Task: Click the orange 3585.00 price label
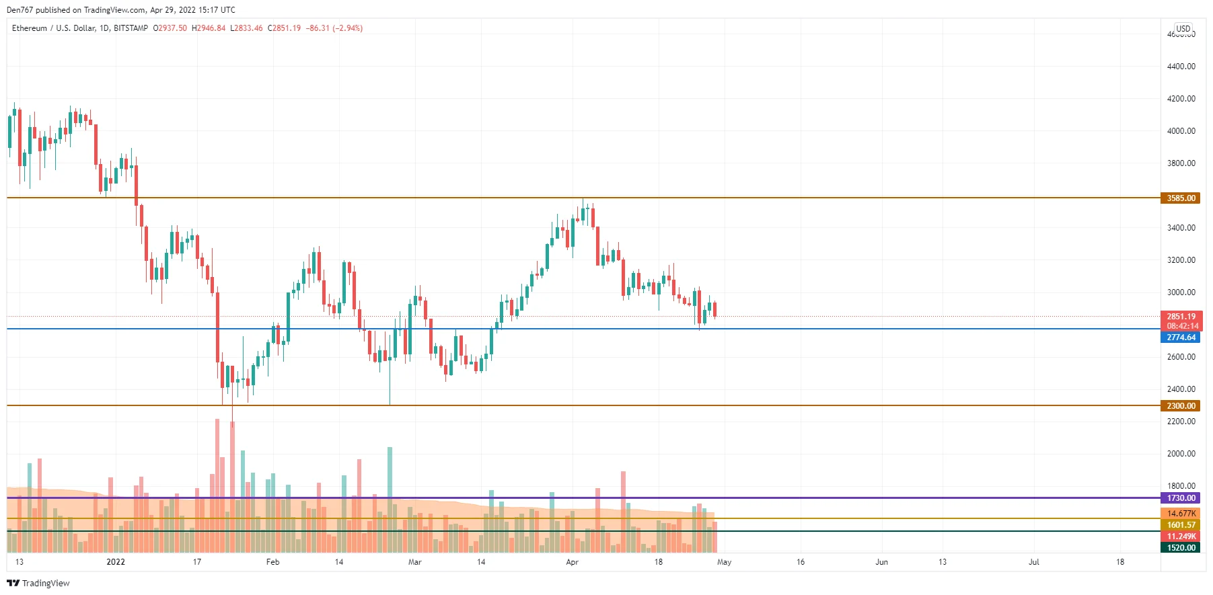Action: (x=1181, y=198)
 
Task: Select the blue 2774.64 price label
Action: (x=1181, y=338)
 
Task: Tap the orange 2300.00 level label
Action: (x=1181, y=406)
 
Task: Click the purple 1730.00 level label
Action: (x=1181, y=498)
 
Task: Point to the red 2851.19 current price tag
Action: (x=1181, y=317)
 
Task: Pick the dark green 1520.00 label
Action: (x=1181, y=548)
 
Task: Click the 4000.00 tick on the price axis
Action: (x=1181, y=131)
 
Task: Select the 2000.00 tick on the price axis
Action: (x=1181, y=454)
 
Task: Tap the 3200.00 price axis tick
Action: (x=1181, y=260)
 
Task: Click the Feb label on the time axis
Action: (x=272, y=562)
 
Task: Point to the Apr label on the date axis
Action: (x=572, y=562)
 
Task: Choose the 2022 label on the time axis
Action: (x=116, y=562)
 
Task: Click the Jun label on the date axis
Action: (x=881, y=562)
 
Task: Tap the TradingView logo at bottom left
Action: (x=38, y=583)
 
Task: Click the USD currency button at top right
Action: (x=1183, y=29)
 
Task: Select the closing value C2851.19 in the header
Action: (x=284, y=28)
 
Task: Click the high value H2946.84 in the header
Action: (x=209, y=28)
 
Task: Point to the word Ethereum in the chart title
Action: (x=30, y=28)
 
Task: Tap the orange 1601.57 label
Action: (x=1181, y=525)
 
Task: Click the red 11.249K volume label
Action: (x=1181, y=537)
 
